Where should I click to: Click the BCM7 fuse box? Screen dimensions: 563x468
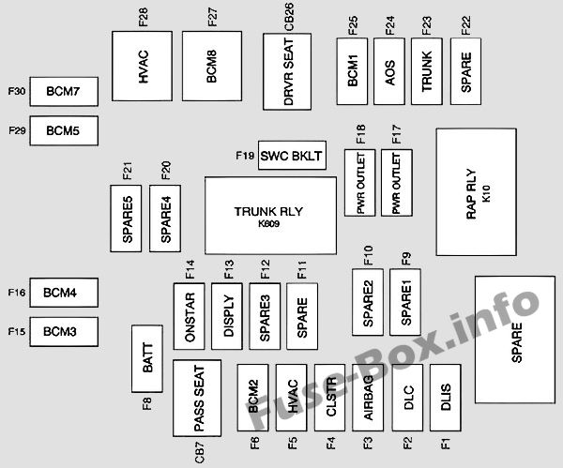(x=64, y=92)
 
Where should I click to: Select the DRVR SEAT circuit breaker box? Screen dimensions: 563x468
(x=287, y=72)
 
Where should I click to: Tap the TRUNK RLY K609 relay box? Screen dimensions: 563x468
(x=271, y=216)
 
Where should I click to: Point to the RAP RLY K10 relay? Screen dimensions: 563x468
(x=477, y=192)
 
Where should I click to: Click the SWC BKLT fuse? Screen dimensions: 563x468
(x=292, y=156)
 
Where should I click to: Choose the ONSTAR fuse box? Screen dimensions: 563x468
(x=190, y=316)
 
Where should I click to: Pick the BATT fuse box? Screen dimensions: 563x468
(x=147, y=358)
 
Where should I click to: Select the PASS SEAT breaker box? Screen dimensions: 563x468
(x=197, y=398)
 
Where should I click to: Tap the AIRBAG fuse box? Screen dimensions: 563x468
(x=368, y=398)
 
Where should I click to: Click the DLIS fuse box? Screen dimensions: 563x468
(x=445, y=398)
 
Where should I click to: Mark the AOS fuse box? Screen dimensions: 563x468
(x=389, y=71)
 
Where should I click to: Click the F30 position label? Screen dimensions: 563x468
(x=17, y=91)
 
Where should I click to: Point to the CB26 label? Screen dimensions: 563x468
(x=289, y=17)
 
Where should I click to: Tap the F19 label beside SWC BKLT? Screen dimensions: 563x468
(x=245, y=156)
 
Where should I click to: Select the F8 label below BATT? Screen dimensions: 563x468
(x=147, y=404)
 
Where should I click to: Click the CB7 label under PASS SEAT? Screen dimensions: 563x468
(x=200, y=452)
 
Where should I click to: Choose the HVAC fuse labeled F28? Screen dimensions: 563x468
(x=143, y=66)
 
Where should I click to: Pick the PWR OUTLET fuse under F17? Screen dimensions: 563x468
(x=397, y=183)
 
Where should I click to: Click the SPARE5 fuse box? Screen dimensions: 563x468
(x=126, y=219)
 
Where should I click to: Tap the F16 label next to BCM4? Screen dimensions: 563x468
(x=17, y=293)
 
